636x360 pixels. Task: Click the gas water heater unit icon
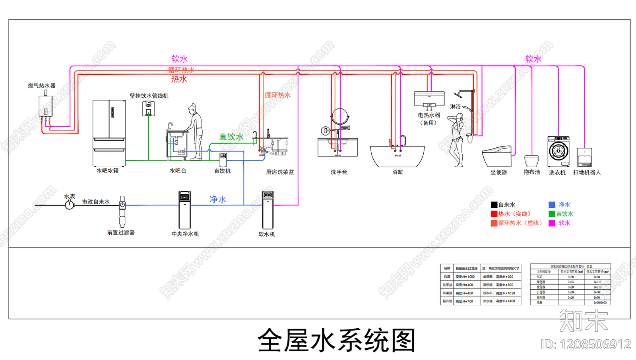(45, 106)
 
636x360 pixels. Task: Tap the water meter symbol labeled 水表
(70, 205)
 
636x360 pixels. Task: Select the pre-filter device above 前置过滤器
(122, 211)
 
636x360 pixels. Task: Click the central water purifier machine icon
(184, 210)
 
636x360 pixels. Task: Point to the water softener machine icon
(268, 210)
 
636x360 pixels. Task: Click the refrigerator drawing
(109, 133)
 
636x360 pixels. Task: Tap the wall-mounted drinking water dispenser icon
(148, 108)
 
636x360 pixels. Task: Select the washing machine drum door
(558, 151)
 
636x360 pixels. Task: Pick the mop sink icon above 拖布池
(531, 161)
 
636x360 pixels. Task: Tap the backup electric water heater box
(429, 98)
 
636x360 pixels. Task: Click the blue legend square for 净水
(552, 205)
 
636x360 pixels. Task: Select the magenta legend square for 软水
(552, 223)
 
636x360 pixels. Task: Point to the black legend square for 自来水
(494, 205)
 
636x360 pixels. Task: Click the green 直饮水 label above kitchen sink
(231, 137)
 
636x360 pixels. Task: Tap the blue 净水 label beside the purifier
(218, 199)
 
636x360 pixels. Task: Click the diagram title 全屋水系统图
(336, 341)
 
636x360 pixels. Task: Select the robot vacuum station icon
(584, 157)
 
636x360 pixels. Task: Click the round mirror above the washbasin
(340, 117)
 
